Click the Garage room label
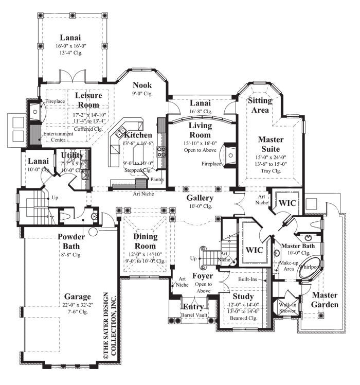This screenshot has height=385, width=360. pyautogui.click(x=78, y=297)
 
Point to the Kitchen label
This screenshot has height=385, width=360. pyautogui.click(x=138, y=135)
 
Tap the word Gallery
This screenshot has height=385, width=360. pyautogui.click(x=200, y=198)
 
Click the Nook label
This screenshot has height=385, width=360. pyautogui.click(x=141, y=85)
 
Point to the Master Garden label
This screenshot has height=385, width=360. pyautogui.click(x=325, y=300)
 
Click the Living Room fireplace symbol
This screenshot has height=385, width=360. pyautogui.click(x=229, y=154)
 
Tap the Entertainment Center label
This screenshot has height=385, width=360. pyautogui.click(x=58, y=136)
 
